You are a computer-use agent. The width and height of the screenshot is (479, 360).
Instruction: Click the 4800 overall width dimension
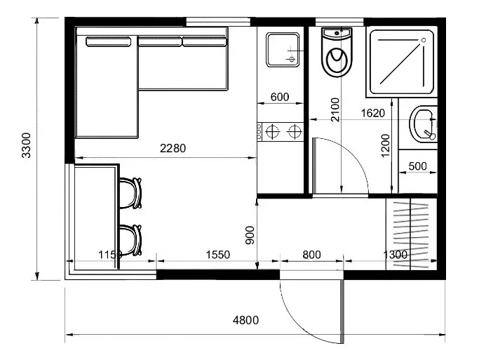click(x=245, y=320)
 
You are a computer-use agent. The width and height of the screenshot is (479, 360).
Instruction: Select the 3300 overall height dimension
click(x=27, y=145)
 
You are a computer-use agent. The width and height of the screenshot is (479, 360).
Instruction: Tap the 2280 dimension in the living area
click(x=173, y=149)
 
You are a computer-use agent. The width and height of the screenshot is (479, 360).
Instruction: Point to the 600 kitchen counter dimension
click(x=280, y=97)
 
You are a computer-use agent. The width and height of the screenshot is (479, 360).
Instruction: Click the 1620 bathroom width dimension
click(x=372, y=114)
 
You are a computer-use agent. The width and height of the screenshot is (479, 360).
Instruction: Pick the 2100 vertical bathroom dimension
click(x=335, y=109)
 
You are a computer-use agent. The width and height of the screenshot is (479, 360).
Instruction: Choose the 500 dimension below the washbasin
click(x=417, y=166)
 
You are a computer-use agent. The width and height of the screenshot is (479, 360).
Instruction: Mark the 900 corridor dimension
click(x=250, y=235)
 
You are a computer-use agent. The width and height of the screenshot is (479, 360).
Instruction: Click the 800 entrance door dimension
click(x=311, y=255)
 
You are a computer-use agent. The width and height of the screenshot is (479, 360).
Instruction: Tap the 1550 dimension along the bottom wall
click(x=218, y=255)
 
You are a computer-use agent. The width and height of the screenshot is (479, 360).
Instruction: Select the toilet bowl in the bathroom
click(x=337, y=52)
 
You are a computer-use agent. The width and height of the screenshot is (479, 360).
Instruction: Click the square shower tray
click(x=402, y=62)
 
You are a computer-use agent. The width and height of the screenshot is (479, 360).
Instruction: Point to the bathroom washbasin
click(x=424, y=124)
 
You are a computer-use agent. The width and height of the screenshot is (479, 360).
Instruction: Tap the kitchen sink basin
click(x=283, y=50)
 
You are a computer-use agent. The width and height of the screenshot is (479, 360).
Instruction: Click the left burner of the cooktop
click(x=273, y=132)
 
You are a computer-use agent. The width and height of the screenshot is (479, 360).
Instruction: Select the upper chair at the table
click(x=130, y=193)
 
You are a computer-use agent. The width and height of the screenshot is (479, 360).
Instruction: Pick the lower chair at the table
click(x=130, y=240)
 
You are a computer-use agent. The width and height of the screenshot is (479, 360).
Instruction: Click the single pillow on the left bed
click(x=109, y=41)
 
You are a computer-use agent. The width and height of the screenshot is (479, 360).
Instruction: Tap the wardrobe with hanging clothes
click(x=411, y=234)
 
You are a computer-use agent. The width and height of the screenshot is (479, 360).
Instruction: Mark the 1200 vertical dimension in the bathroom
click(x=386, y=145)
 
